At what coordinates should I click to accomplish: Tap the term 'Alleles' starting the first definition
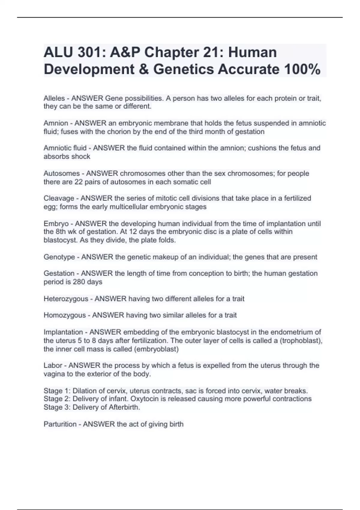(54, 98)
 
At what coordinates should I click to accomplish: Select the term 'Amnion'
(56, 123)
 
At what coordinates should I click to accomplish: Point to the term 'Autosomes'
(62, 173)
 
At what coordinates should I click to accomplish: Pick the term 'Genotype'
(59, 257)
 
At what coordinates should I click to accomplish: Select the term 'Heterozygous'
(66, 299)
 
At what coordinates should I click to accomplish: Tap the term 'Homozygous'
(64, 315)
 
